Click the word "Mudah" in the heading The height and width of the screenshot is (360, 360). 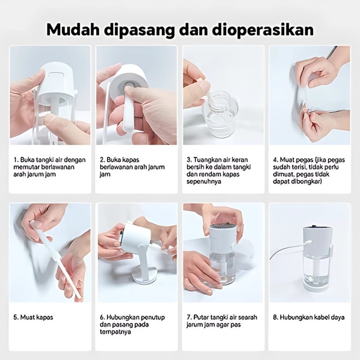click(x=73, y=30)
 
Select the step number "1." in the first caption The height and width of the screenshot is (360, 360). click(x=16, y=160)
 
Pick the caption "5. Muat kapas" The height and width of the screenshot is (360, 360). click(x=33, y=318)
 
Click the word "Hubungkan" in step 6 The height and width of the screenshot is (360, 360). click(x=120, y=318)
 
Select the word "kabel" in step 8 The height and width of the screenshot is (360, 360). click(x=320, y=318)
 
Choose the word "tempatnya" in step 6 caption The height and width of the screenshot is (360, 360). click(x=115, y=332)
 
